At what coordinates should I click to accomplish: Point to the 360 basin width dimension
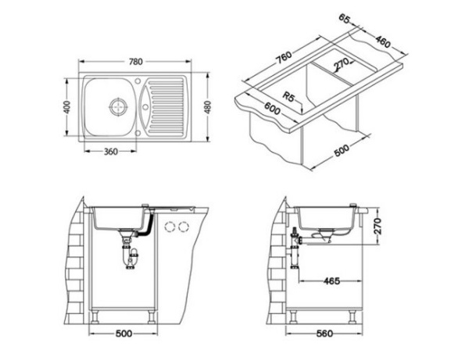pos(110,152)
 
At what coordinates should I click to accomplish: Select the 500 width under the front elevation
pos(122,334)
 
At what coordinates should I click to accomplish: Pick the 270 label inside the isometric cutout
pos(338,64)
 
